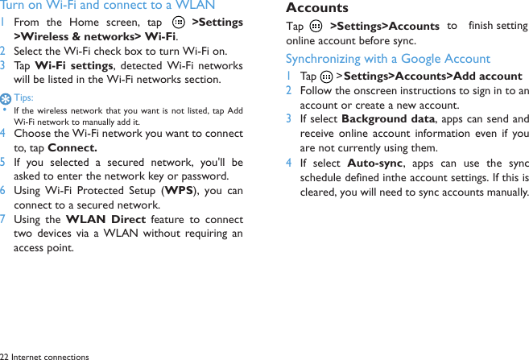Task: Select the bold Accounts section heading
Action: click(x=317, y=8)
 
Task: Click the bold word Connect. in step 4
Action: click(x=72, y=147)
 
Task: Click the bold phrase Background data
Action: click(x=388, y=119)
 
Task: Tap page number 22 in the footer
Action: click(x=4, y=355)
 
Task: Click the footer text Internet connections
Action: click(x=50, y=355)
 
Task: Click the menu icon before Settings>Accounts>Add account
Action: click(x=325, y=77)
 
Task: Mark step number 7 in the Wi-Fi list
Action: click(x=4, y=220)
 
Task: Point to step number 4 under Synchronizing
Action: click(x=289, y=163)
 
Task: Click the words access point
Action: click(x=43, y=248)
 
